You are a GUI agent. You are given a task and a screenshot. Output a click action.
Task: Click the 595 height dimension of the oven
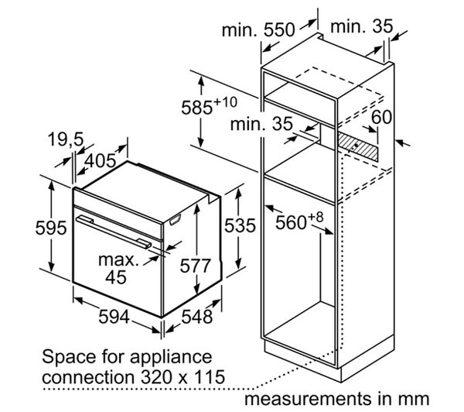click(51, 228)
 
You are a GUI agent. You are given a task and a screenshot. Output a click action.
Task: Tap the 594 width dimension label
click(114, 317)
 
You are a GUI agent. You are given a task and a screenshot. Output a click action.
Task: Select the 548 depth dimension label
click(196, 317)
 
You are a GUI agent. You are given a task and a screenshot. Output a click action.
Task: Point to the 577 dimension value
click(196, 266)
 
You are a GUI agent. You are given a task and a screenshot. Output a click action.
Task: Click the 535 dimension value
click(240, 225)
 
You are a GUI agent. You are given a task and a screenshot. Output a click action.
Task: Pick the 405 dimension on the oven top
click(101, 160)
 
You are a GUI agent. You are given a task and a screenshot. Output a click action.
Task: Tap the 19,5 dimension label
click(66, 139)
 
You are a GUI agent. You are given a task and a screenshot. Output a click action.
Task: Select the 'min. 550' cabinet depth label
click(258, 30)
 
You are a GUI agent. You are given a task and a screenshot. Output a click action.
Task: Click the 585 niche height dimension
click(196, 108)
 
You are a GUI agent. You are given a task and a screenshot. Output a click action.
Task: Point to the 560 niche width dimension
click(291, 222)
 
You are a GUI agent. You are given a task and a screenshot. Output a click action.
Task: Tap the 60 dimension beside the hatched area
click(381, 117)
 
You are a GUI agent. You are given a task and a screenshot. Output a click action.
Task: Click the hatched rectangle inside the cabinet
click(358, 146)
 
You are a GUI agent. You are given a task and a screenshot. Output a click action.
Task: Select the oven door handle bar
click(114, 232)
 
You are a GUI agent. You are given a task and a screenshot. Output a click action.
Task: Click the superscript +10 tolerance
click(226, 102)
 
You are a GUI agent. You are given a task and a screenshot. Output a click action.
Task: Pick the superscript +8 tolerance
click(316, 218)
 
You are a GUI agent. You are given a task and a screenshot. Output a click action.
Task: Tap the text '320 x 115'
click(183, 377)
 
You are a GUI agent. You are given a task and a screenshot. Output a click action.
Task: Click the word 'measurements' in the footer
click(309, 399)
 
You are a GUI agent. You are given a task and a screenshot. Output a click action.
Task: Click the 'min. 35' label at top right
click(362, 26)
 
